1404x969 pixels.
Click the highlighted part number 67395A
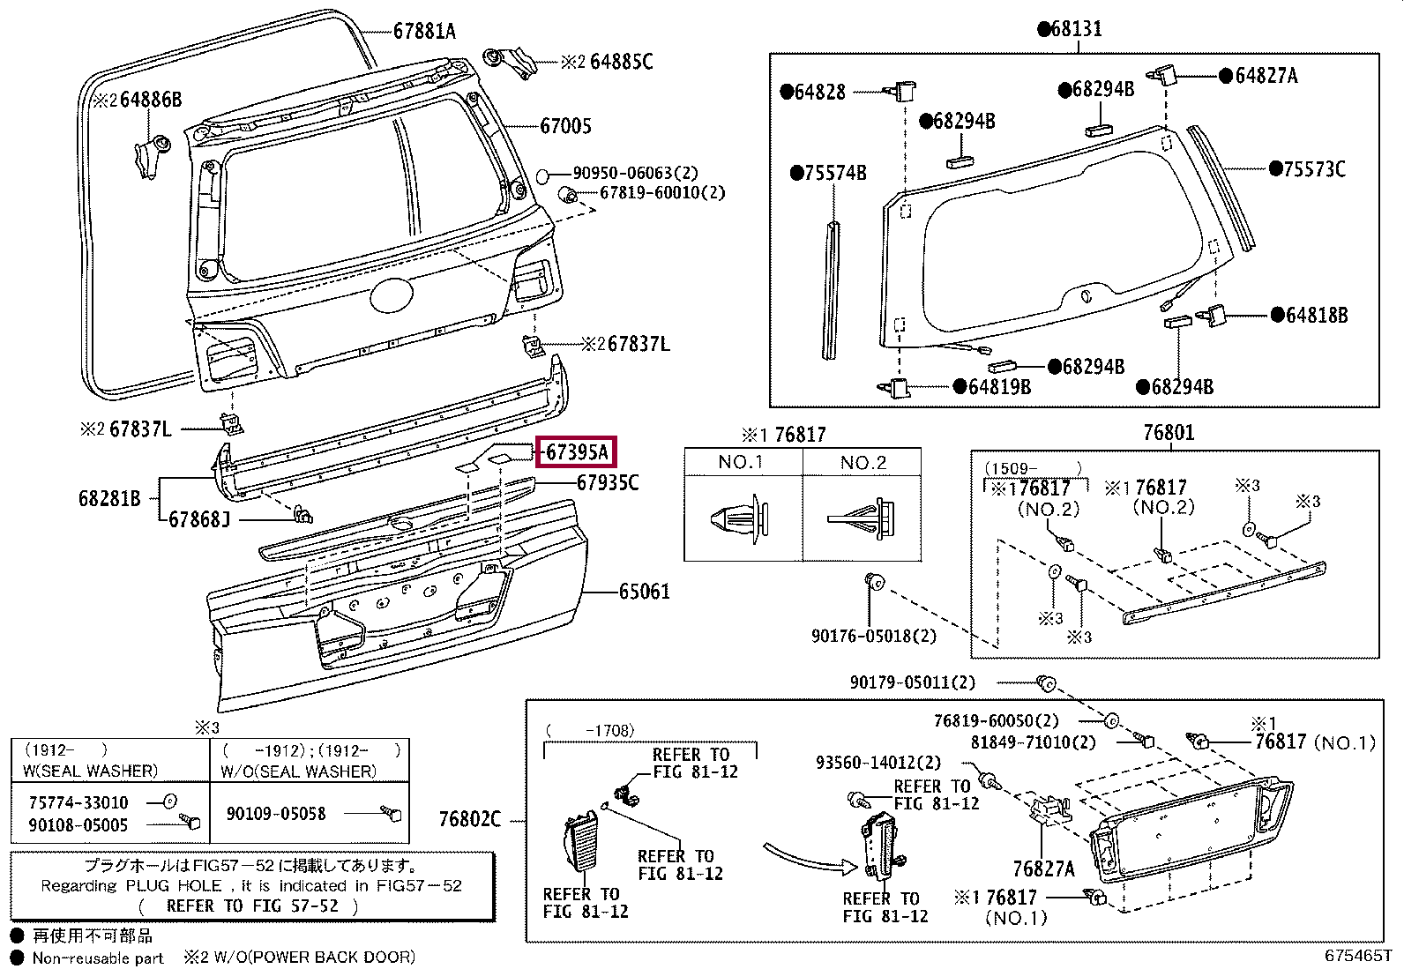[x=577, y=452]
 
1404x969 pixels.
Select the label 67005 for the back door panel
[x=565, y=126]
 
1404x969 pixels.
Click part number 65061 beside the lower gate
[x=645, y=592]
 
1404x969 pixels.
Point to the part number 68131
[x=1076, y=29]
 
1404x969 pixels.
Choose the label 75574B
[x=835, y=173]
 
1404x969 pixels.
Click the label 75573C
[x=1314, y=169]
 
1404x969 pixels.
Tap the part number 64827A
[x=1266, y=76]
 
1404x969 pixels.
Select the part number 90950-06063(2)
[x=636, y=173]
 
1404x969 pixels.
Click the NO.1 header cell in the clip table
[x=743, y=462]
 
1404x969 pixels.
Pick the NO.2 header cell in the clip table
[x=863, y=463]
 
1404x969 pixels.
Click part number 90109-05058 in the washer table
[x=276, y=814]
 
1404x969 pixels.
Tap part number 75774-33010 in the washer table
[x=78, y=803]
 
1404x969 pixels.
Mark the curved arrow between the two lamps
[x=810, y=858]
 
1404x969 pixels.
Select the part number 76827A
[x=1043, y=869]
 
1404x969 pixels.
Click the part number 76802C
[x=470, y=819]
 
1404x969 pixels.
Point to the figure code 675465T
[x=1357, y=955]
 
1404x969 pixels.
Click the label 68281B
[x=109, y=499]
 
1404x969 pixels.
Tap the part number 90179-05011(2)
[x=913, y=682]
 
